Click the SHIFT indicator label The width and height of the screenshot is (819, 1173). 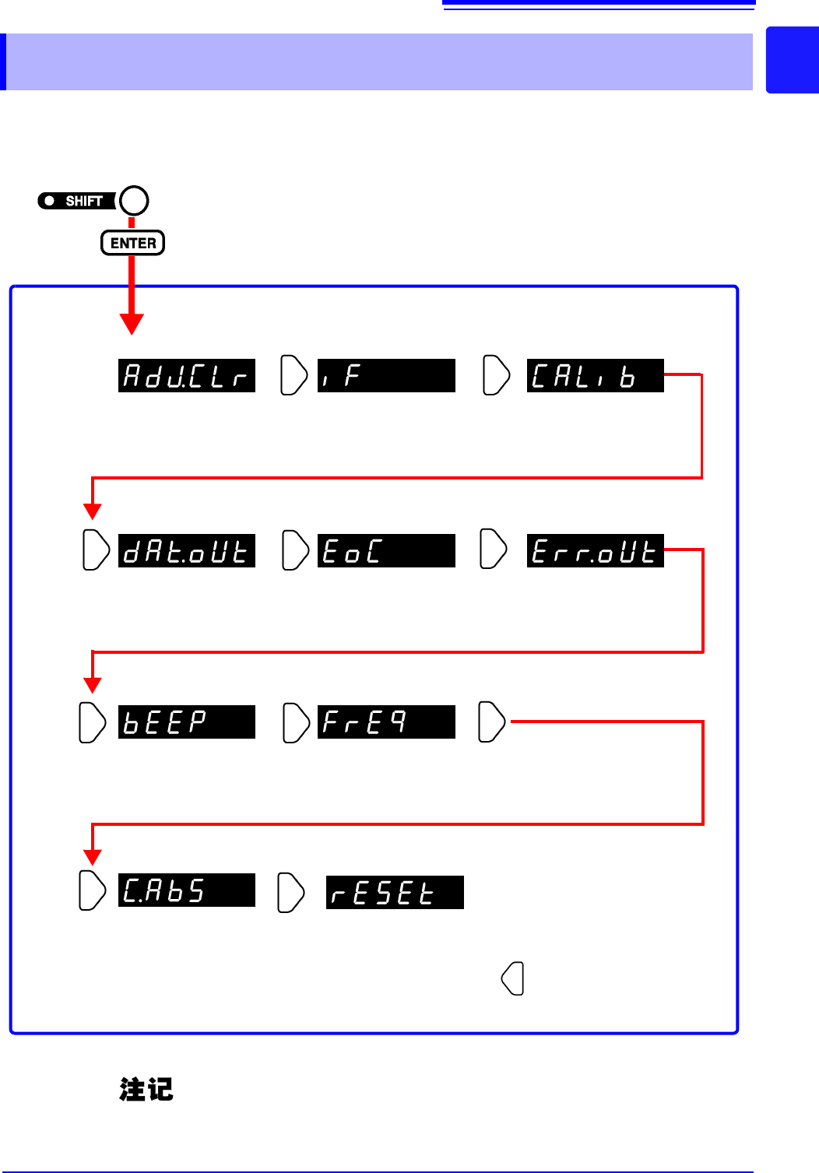[76, 201]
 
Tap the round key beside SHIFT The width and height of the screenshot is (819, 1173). [134, 200]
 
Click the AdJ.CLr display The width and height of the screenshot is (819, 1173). [187, 376]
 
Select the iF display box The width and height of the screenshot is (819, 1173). [386, 376]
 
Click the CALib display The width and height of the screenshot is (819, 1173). [595, 376]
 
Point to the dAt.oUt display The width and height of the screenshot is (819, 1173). [187, 551]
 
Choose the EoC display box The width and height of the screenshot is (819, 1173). [386, 551]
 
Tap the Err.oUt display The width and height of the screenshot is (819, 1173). [595, 551]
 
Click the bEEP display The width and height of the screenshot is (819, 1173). [187, 722]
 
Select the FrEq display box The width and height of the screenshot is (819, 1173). [386, 722]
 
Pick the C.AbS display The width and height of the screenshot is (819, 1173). [187, 890]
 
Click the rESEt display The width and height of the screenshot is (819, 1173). [395, 893]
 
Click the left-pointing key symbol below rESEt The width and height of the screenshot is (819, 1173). [513, 978]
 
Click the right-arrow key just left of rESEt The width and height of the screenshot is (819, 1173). [291, 893]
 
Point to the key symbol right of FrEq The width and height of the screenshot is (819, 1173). [491, 722]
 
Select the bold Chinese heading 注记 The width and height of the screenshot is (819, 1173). [146, 1089]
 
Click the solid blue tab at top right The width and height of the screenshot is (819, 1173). [793, 61]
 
